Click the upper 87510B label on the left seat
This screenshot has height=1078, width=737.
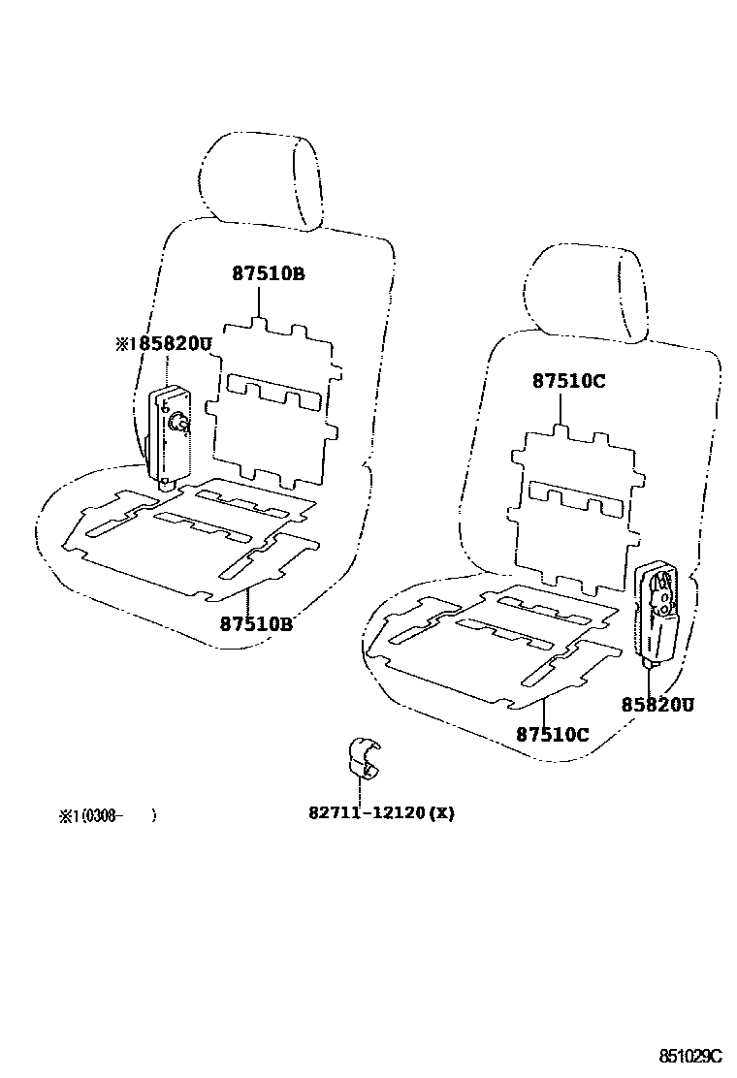pyautogui.click(x=268, y=274)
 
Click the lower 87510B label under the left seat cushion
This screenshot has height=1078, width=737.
pyautogui.click(x=256, y=623)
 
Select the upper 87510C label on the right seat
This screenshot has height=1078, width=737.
pyautogui.click(x=568, y=381)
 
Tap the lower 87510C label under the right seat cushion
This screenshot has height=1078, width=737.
pyautogui.click(x=553, y=734)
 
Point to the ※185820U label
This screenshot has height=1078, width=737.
pyautogui.click(x=163, y=344)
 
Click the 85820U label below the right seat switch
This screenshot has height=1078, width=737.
pyautogui.click(x=658, y=705)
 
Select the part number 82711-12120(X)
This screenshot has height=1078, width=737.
pyautogui.click(x=381, y=812)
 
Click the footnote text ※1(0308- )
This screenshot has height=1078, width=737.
pyautogui.click(x=107, y=816)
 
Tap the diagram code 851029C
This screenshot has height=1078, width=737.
pyautogui.click(x=692, y=1055)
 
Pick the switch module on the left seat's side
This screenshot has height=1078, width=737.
pyautogui.click(x=169, y=432)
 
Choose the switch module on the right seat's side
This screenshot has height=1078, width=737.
pyautogui.click(x=658, y=612)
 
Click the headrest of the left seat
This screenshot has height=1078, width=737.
pyautogui.click(x=262, y=179)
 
